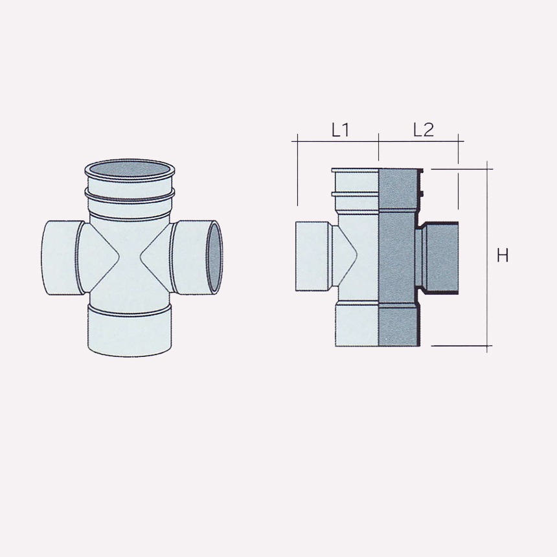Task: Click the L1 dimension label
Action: coord(340,130)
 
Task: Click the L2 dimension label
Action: coord(423,130)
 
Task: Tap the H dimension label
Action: coord(503,256)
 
